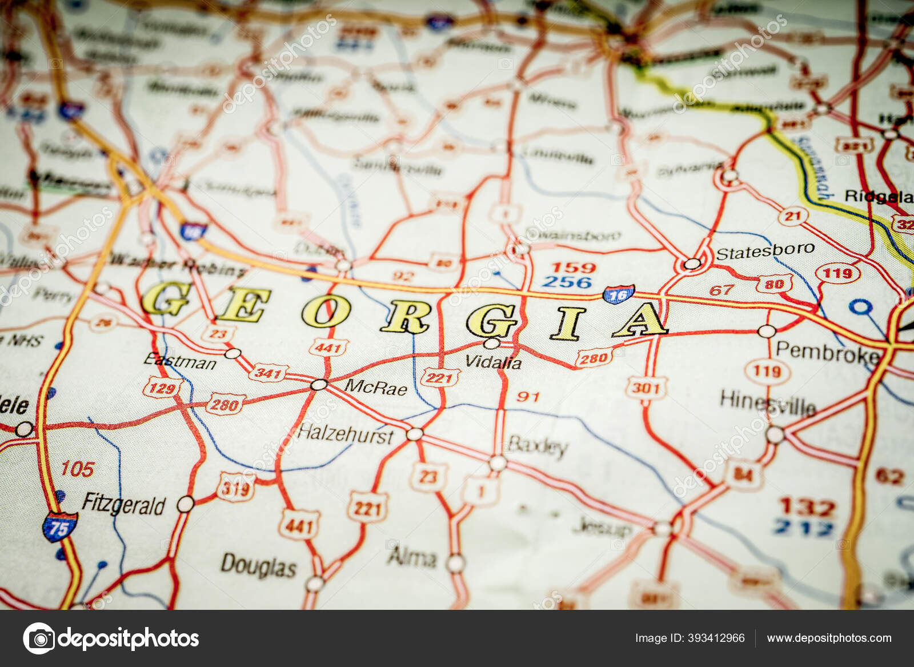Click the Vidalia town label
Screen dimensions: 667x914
pos(493,362)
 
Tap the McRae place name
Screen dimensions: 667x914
pos(375,388)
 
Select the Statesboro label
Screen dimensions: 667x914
pos(765,251)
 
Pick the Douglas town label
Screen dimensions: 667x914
pos(258,565)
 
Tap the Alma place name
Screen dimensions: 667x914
pos(412,557)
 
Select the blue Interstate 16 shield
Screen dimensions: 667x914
pos(618,294)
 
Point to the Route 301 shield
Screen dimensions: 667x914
pos(646,388)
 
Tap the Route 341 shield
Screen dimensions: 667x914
pos(267,374)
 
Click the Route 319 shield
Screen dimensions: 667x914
pos(235,488)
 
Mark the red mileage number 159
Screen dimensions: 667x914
pos(573,267)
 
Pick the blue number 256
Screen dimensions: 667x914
pos(567,282)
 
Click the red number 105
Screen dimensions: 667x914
pos(77,469)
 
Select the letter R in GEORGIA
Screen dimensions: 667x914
pos(405,316)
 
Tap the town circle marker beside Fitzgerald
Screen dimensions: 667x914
pos(185,504)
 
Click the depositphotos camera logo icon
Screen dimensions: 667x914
pos(39,638)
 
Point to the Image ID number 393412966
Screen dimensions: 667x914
pos(716,638)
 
